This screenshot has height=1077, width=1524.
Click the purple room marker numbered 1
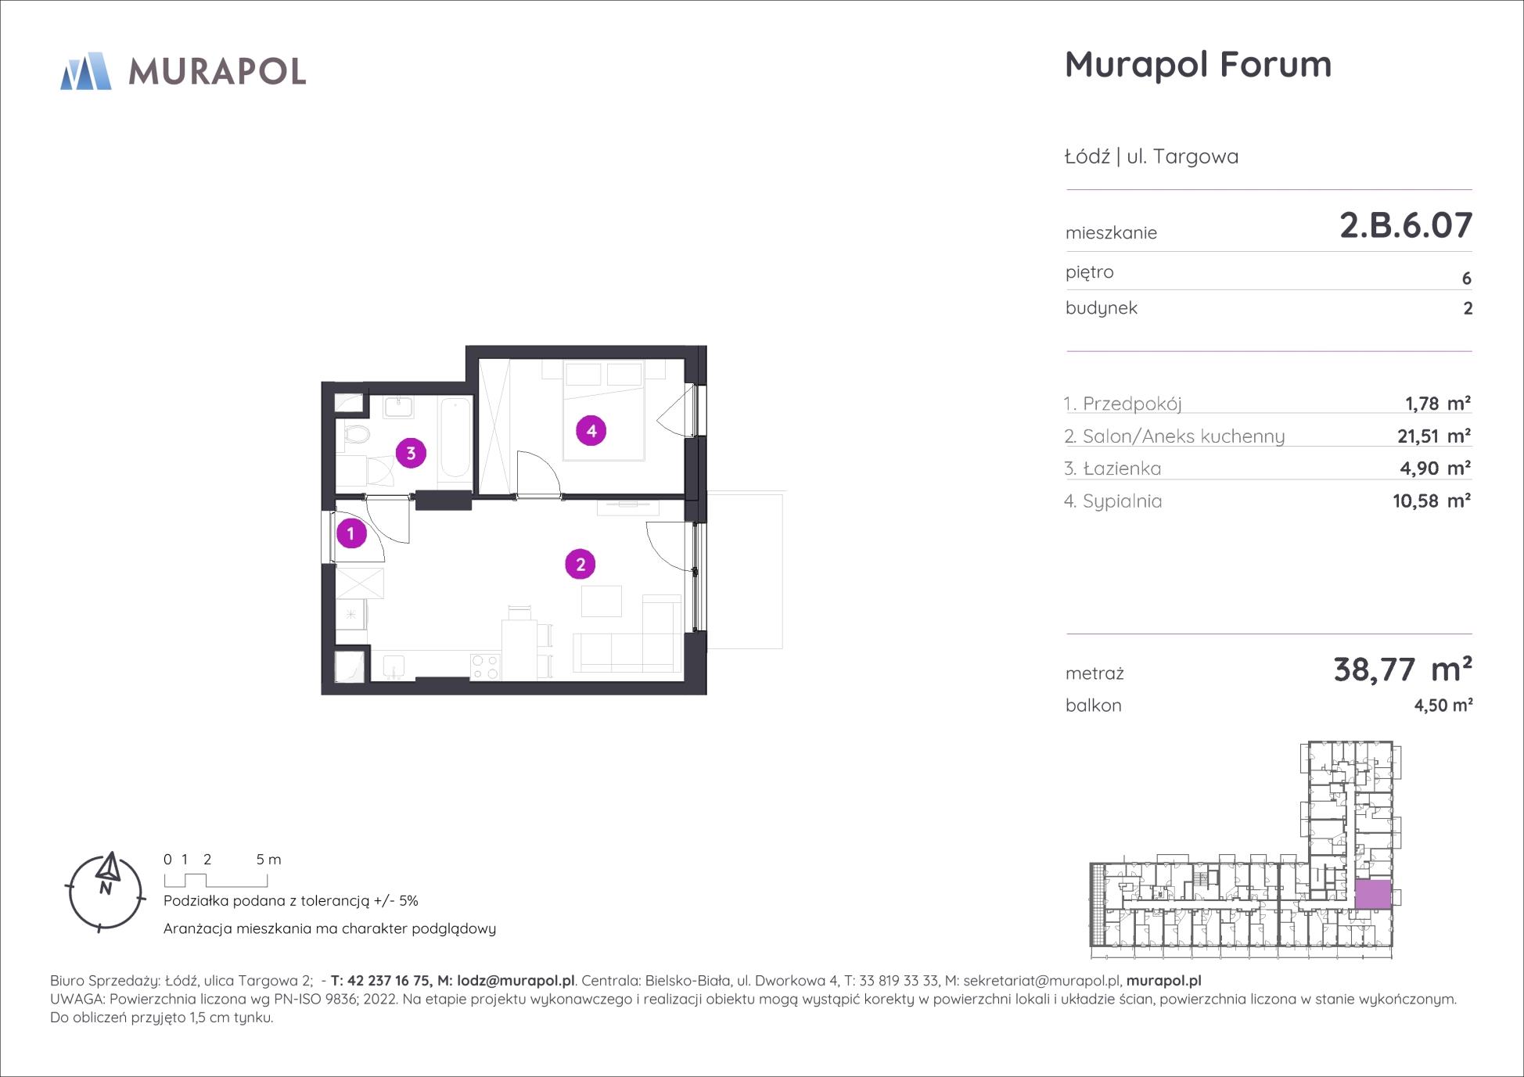tap(351, 533)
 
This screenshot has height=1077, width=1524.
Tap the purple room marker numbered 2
tap(580, 564)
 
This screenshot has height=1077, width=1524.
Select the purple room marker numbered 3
tap(411, 453)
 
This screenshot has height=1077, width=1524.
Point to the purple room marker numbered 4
tap(591, 430)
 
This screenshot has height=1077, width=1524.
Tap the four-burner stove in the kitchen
tap(485, 666)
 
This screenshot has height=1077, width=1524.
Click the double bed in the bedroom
tap(603, 410)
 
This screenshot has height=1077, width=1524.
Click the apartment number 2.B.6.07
tap(1406, 225)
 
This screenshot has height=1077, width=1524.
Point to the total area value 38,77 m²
tap(1403, 670)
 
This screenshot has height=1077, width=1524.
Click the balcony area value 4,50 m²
tap(1443, 705)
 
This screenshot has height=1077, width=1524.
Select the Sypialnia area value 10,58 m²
tap(1432, 501)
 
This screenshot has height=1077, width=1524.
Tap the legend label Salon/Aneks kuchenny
tap(1184, 436)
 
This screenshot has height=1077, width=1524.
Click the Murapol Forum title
tap(1198, 64)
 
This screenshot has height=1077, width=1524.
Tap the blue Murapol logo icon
tap(86, 71)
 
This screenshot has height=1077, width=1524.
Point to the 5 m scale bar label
tap(268, 860)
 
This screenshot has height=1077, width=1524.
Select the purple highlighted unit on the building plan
tap(1373, 894)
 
